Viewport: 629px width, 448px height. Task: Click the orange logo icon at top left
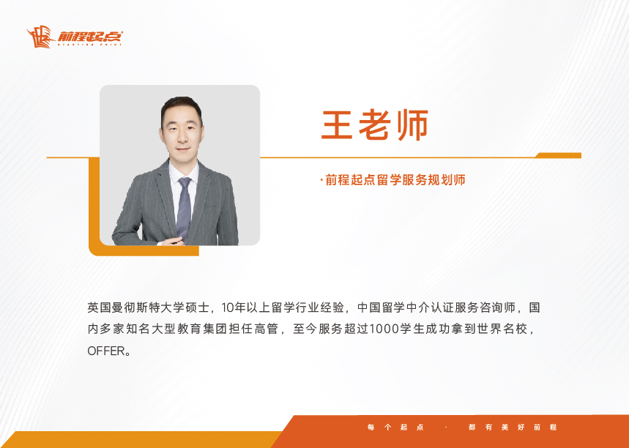(40, 37)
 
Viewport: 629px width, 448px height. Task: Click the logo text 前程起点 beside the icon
(90, 36)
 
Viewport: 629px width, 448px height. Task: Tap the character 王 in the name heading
(336, 124)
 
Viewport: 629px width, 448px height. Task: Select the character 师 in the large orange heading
(413, 124)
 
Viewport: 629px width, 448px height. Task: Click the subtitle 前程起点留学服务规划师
(395, 180)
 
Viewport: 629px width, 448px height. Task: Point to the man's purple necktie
(184, 209)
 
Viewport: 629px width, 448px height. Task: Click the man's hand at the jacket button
(174, 241)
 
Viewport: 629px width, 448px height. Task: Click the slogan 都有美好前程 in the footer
(513, 428)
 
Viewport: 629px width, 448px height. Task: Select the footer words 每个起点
(395, 428)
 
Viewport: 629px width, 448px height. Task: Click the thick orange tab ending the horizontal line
(559, 156)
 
